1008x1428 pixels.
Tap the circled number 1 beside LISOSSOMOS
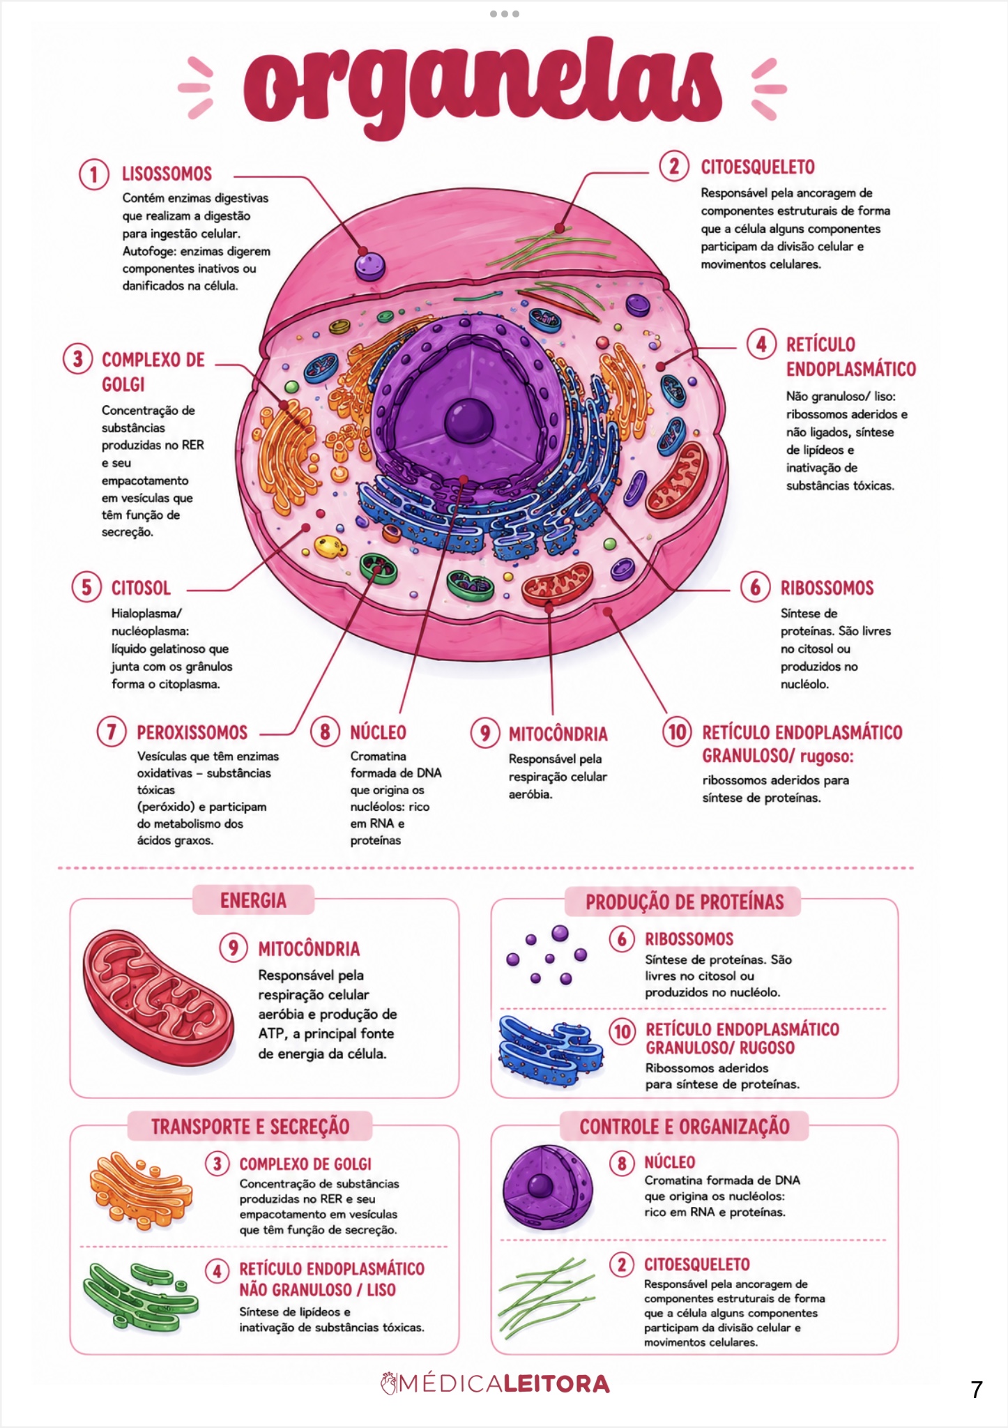point(93,174)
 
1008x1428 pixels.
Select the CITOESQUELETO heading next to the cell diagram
point(758,167)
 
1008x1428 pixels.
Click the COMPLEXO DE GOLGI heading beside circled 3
point(153,372)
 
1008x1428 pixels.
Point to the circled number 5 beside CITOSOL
point(86,587)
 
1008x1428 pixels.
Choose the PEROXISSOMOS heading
point(192,732)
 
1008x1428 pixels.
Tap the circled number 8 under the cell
point(325,732)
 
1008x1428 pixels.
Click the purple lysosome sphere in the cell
point(369,265)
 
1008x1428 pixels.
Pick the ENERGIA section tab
point(253,900)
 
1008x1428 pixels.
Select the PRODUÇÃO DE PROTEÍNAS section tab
point(684,902)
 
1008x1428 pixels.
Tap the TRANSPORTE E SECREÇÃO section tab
point(250,1126)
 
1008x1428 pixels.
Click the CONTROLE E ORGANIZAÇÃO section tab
point(685,1126)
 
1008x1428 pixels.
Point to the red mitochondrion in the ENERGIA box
point(158,995)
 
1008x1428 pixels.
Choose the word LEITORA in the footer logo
point(556,1384)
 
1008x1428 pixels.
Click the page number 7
point(977,1390)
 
